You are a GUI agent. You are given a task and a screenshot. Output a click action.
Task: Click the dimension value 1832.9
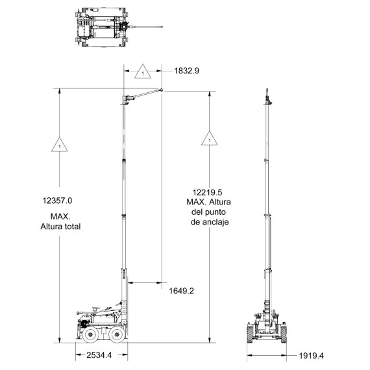[187, 71]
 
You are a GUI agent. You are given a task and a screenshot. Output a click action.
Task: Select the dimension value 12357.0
[57, 201]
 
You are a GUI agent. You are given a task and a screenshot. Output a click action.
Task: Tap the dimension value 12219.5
[208, 193]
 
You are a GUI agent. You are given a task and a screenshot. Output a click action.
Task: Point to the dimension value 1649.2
[182, 291]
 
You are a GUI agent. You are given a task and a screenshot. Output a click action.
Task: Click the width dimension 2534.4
[99, 355]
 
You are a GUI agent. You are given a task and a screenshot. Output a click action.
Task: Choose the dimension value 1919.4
[312, 356]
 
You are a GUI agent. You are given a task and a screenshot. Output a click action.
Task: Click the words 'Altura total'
[60, 227]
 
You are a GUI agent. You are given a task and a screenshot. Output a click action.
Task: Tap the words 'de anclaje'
[210, 222]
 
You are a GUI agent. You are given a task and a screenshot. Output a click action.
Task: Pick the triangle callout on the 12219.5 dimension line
[210, 138]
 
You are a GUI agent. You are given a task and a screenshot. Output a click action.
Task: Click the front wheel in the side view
[117, 334]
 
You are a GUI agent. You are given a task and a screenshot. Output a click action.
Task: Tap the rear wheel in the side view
[90, 334]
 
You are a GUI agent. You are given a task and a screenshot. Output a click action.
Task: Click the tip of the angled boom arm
[162, 90]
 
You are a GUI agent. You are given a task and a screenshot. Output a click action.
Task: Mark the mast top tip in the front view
[267, 89]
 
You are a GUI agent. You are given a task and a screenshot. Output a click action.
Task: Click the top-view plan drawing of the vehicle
[119, 27]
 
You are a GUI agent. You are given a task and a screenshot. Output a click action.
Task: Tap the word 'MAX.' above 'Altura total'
[60, 216]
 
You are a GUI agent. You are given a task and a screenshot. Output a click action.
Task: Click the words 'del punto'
[208, 212]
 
